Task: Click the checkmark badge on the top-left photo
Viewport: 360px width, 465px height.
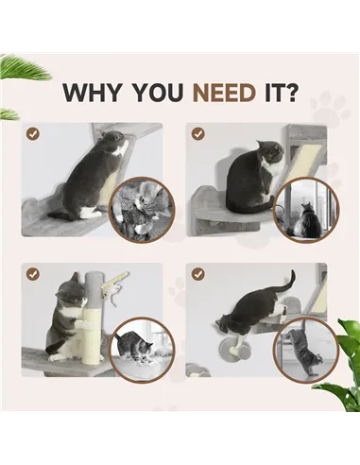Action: (33, 134)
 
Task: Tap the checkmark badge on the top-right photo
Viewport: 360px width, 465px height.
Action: (198, 134)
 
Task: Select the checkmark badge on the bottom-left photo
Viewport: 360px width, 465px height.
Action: (33, 274)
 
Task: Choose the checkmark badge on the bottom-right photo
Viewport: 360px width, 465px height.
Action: (198, 274)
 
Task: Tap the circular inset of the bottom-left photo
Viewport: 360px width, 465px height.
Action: (143, 350)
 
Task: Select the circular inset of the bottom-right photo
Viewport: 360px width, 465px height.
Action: (304, 350)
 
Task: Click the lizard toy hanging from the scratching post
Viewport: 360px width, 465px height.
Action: (115, 283)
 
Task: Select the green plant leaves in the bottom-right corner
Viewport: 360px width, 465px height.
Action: (341, 373)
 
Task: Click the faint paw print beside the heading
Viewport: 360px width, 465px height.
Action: (328, 106)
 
